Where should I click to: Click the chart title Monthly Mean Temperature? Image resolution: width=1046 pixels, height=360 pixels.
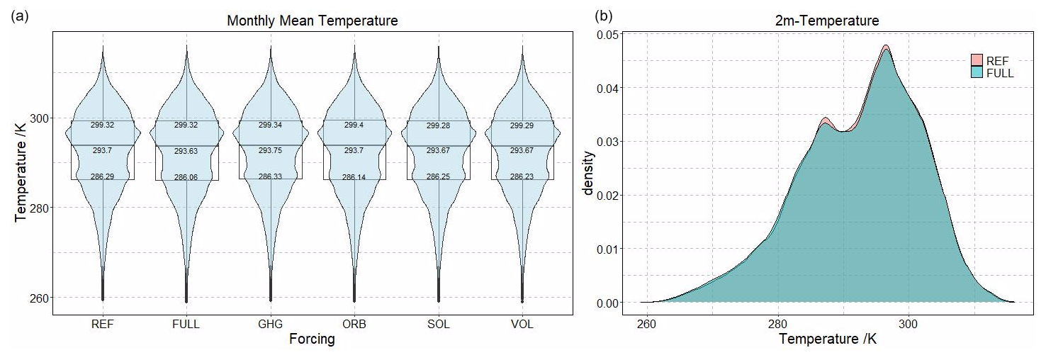(312, 21)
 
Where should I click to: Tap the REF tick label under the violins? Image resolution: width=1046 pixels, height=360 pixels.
(103, 325)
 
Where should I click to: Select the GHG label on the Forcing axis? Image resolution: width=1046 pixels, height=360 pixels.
(270, 325)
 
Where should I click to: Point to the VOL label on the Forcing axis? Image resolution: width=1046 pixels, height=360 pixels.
(522, 325)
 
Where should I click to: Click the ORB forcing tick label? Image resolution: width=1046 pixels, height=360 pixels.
(354, 325)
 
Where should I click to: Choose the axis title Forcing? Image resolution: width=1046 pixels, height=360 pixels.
(312, 340)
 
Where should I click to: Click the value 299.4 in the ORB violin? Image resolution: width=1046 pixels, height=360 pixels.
(354, 125)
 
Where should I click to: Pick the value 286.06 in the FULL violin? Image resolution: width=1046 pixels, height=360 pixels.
(186, 177)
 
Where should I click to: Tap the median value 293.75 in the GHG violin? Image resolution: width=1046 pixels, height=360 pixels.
(270, 150)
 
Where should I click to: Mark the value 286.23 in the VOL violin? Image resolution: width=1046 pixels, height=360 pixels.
(522, 177)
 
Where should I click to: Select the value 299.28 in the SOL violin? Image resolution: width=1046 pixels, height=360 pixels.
(438, 125)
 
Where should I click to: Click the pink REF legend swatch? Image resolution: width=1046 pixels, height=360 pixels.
(977, 60)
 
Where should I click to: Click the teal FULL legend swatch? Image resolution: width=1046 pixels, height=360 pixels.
(977, 72)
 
